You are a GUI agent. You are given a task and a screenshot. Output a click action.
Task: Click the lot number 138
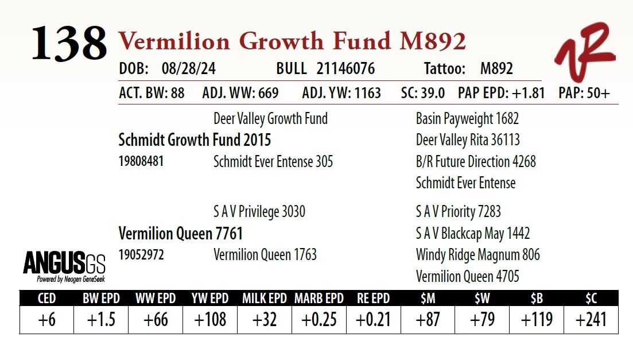pyautogui.click(x=69, y=44)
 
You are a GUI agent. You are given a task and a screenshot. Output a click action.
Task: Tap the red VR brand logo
pyautogui.click(x=584, y=52)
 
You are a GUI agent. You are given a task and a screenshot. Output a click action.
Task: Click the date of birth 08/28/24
pyautogui.click(x=189, y=69)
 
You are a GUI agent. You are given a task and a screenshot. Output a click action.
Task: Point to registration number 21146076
pyautogui.click(x=345, y=69)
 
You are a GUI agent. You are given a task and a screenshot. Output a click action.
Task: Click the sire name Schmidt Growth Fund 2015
pyautogui.click(x=195, y=140)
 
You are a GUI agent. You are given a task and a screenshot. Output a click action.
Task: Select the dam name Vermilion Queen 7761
pyautogui.click(x=180, y=234)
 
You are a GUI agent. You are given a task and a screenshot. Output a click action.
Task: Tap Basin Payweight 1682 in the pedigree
pyautogui.click(x=467, y=119)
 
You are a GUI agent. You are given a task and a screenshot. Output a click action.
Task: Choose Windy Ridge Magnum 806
pyautogui.click(x=477, y=254)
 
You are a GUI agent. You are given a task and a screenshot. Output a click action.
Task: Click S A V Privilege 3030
pyautogui.click(x=259, y=212)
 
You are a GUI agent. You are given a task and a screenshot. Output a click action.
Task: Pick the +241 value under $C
pyautogui.click(x=591, y=320)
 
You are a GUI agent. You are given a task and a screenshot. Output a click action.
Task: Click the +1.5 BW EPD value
pyautogui.click(x=101, y=320)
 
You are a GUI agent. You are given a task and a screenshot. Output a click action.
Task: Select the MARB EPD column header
pyautogui.click(x=319, y=299)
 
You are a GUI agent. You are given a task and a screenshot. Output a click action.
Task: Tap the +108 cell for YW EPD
pyautogui.click(x=210, y=320)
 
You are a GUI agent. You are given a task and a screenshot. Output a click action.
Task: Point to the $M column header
pyautogui.click(x=428, y=299)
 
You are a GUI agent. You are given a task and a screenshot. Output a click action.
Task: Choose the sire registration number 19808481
pyautogui.click(x=141, y=162)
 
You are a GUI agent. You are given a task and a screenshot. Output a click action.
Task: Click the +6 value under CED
pyautogui.click(x=46, y=320)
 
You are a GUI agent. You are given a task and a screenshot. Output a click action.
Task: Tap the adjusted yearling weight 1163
pyautogui.click(x=363, y=93)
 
